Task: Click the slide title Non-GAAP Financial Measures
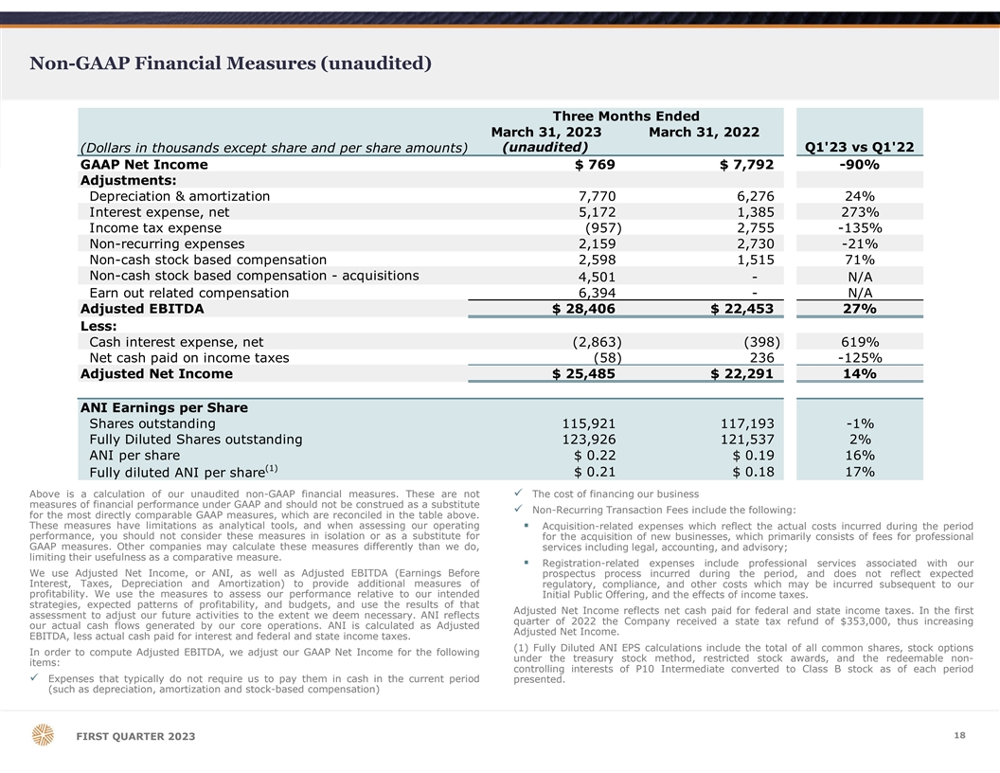coord(231,63)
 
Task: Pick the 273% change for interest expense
coord(860,212)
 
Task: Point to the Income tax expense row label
coord(155,228)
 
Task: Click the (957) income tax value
coord(603,228)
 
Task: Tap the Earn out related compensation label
coord(188,293)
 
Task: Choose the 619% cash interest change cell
coord(860,342)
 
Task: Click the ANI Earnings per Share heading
coord(164,408)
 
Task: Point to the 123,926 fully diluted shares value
coord(589,440)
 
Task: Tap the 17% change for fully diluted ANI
coord(860,472)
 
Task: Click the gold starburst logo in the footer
coord(44,736)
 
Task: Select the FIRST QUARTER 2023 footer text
coord(130,738)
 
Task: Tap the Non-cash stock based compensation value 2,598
coord(597,261)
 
